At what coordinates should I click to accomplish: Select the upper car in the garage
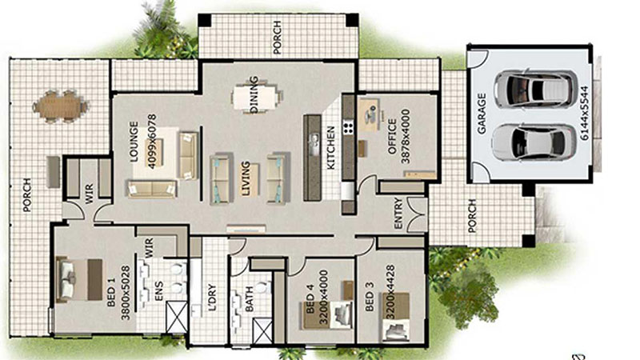534,86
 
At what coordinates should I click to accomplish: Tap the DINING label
254,94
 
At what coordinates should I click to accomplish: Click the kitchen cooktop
349,127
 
